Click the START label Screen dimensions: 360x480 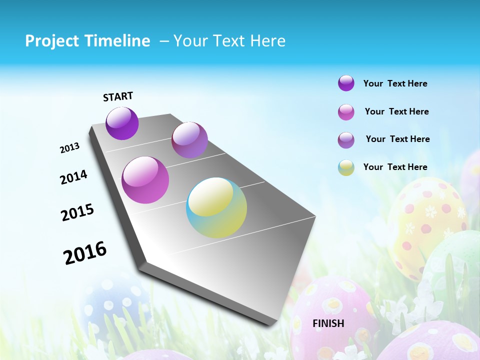point(118,96)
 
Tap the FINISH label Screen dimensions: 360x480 point(328,323)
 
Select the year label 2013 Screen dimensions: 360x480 point(69,148)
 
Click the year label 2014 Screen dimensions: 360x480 point(73,177)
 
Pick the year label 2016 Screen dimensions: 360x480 point(85,253)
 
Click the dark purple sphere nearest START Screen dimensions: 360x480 point(122,123)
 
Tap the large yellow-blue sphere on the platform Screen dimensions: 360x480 point(216,207)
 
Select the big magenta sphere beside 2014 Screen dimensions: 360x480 point(145,180)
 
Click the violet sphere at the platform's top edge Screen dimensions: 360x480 point(189,140)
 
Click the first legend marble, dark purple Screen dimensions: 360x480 point(346,83)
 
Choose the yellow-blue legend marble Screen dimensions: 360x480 point(346,167)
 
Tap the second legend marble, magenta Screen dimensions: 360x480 point(346,112)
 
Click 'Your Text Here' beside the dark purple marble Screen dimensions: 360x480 point(395,83)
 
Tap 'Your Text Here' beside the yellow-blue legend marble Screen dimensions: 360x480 point(395,167)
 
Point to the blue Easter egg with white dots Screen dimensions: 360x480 point(112,305)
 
